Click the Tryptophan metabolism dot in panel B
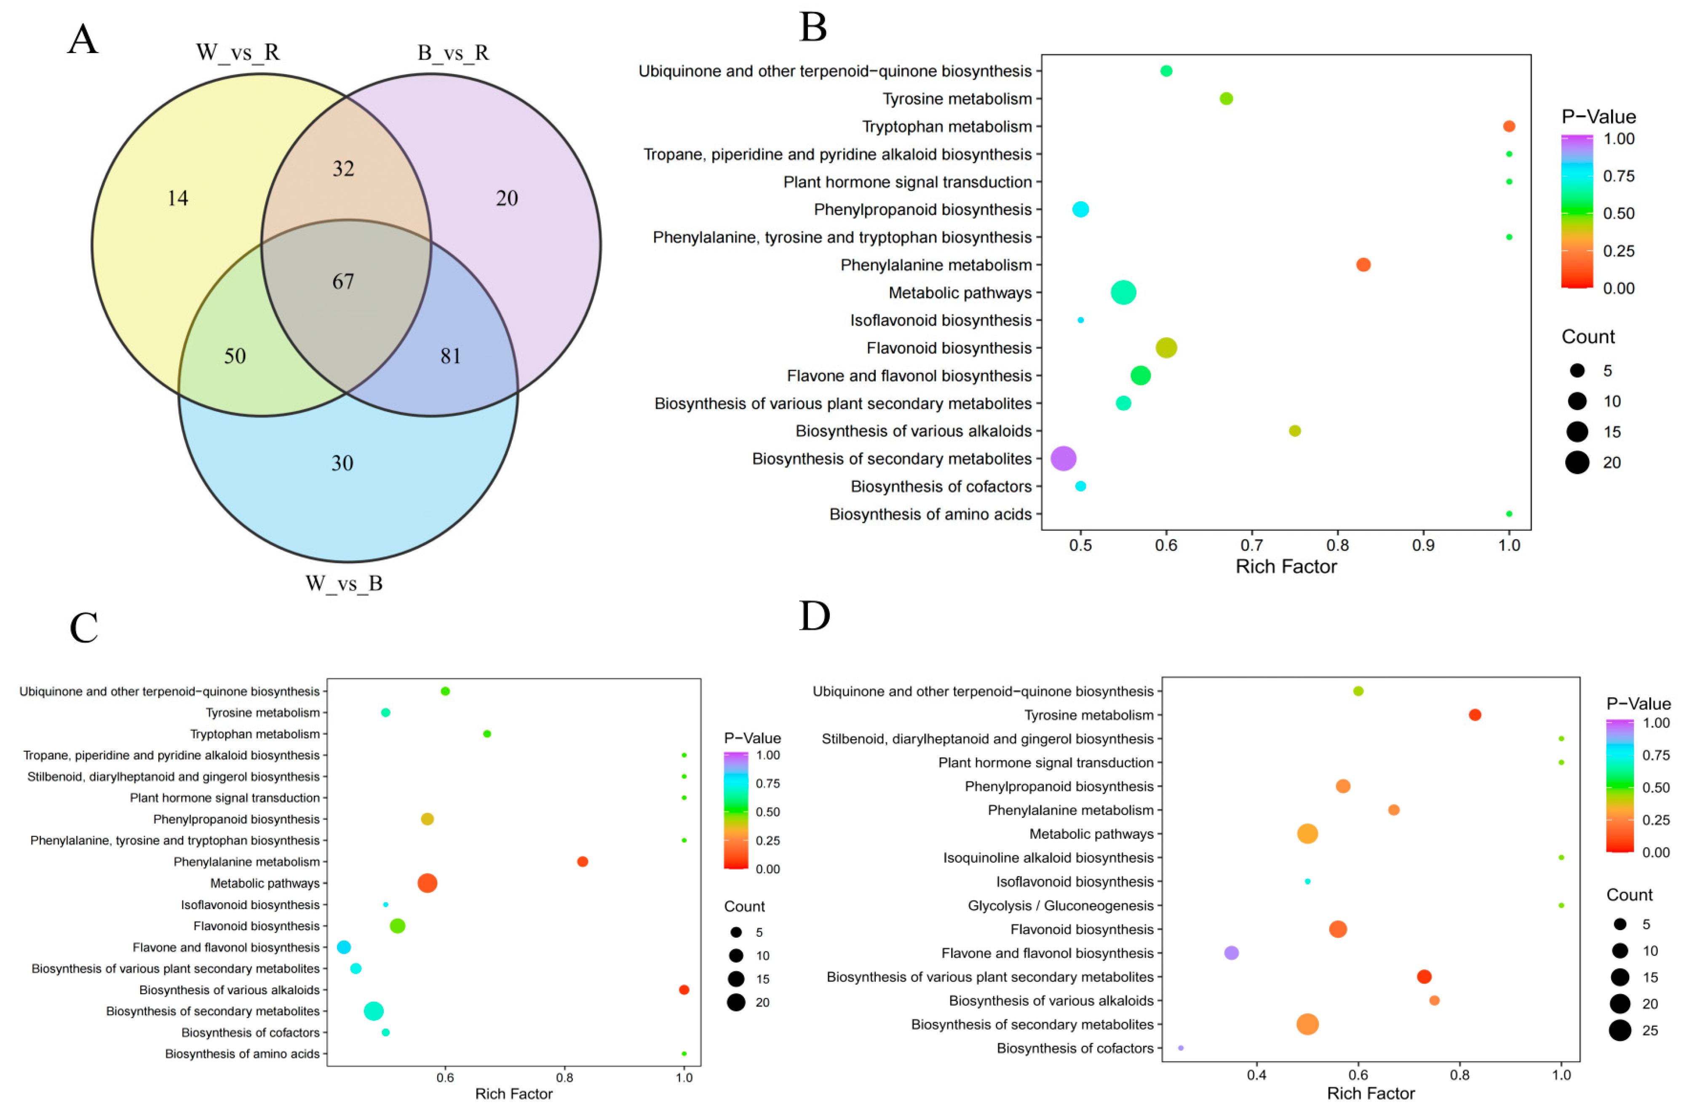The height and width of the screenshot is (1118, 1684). coord(1509,126)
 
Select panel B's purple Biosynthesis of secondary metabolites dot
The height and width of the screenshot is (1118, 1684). coord(1063,458)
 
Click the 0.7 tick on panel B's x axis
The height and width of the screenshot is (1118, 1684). coord(1252,546)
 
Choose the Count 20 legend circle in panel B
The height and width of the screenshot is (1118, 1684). coord(1577,463)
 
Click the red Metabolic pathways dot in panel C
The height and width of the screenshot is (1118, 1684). coord(427,883)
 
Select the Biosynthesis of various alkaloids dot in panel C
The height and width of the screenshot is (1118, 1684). coord(684,990)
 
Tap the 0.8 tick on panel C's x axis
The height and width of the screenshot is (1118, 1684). coord(565,1078)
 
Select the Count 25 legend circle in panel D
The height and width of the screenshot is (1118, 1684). coord(1620,1030)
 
